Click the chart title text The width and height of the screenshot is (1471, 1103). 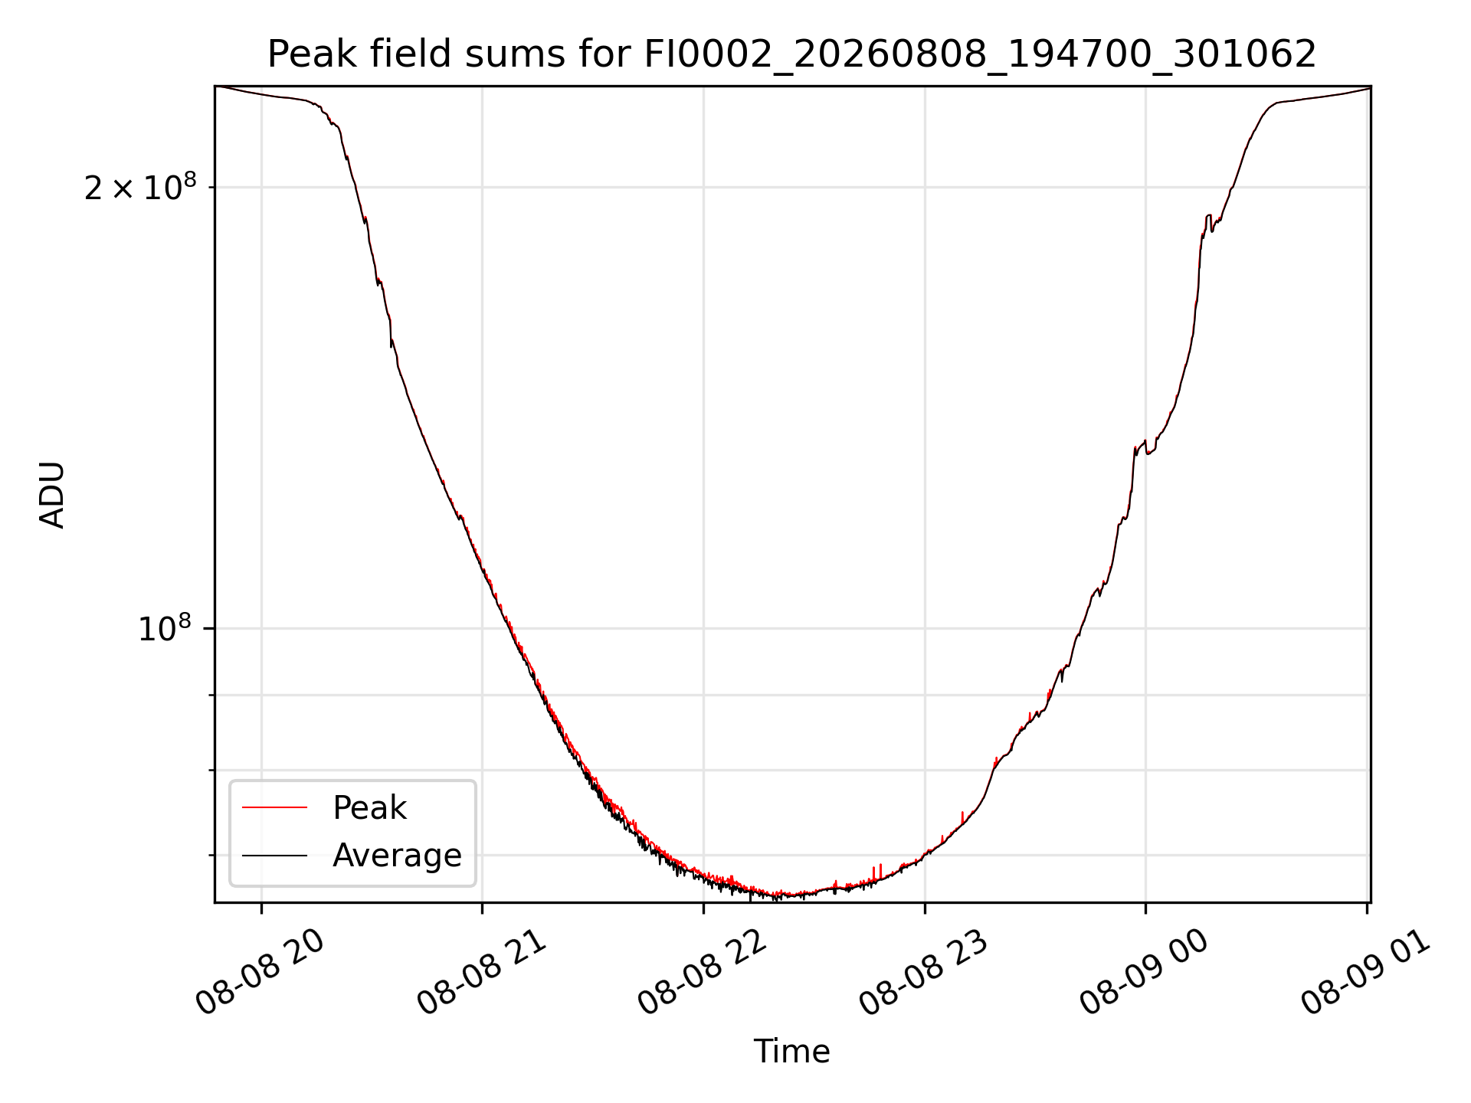pyautogui.click(x=791, y=55)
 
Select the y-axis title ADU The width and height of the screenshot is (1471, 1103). pyautogui.click(x=52, y=495)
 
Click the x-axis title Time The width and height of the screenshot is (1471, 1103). pyautogui.click(x=791, y=1052)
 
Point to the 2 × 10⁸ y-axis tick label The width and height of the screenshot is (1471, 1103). pyautogui.click(x=140, y=187)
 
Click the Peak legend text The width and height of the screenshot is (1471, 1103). pyautogui.click(x=369, y=808)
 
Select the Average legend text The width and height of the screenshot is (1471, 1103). pyautogui.click(x=397, y=856)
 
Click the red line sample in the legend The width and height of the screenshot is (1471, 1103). pyautogui.click(x=274, y=807)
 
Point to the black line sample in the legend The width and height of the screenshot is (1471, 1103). pyautogui.click(x=274, y=855)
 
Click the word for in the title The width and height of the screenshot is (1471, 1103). pyautogui.click(x=604, y=55)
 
